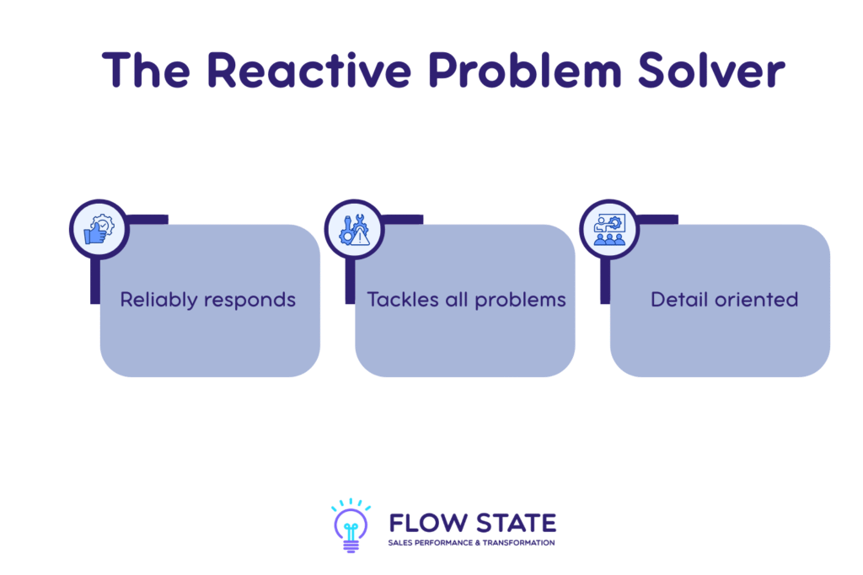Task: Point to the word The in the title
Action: pyautogui.click(x=148, y=70)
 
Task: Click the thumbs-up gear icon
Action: pyautogui.click(x=99, y=229)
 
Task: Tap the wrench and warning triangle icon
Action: pyautogui.click(x=354, y=229)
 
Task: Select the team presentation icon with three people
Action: pyautogui.click(x=609, y=229)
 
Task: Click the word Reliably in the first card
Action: pyautogui.click(x=156, y=300)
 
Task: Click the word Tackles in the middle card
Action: pyautogui.click(x=399, y=300)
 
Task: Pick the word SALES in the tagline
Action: pyautogui.click(x=400, y=543)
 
